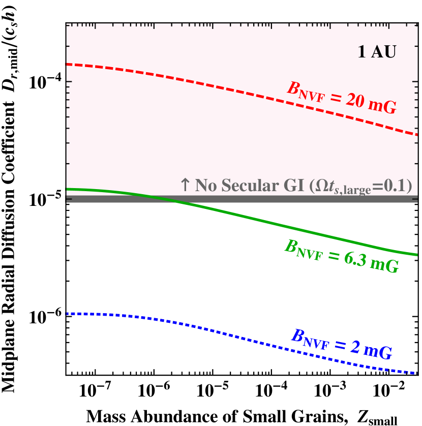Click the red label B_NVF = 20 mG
[341, 97]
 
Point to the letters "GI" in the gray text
[292, 186]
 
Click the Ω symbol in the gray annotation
[318, 186]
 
